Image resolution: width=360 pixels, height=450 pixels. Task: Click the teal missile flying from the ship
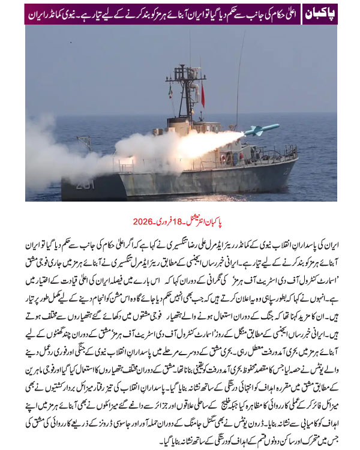(x=262, y=128)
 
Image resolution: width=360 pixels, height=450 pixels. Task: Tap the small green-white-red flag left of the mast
(x=170, y=91)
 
